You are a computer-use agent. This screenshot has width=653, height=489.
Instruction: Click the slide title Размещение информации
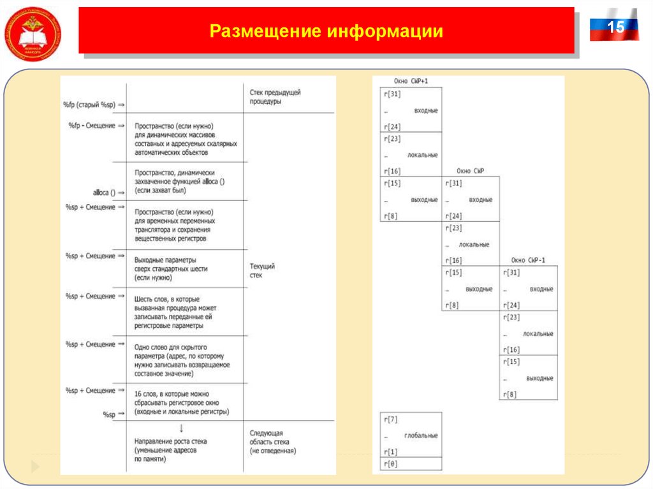pos(326,31)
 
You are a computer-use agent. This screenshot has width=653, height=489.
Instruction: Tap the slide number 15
pos(615,27)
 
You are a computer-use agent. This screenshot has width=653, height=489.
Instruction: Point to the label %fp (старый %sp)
pos(90,103)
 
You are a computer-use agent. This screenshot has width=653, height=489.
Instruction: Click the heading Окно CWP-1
pos(528,260)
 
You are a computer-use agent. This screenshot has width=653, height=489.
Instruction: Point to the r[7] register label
pos(390,420)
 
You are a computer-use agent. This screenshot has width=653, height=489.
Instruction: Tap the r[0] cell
pos(390,464)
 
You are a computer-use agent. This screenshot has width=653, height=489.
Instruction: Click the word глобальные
pos(421,435)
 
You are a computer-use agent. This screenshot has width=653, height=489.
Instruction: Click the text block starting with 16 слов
pos(181,403)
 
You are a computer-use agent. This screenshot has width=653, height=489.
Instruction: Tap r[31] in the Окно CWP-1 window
pos(511,272)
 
